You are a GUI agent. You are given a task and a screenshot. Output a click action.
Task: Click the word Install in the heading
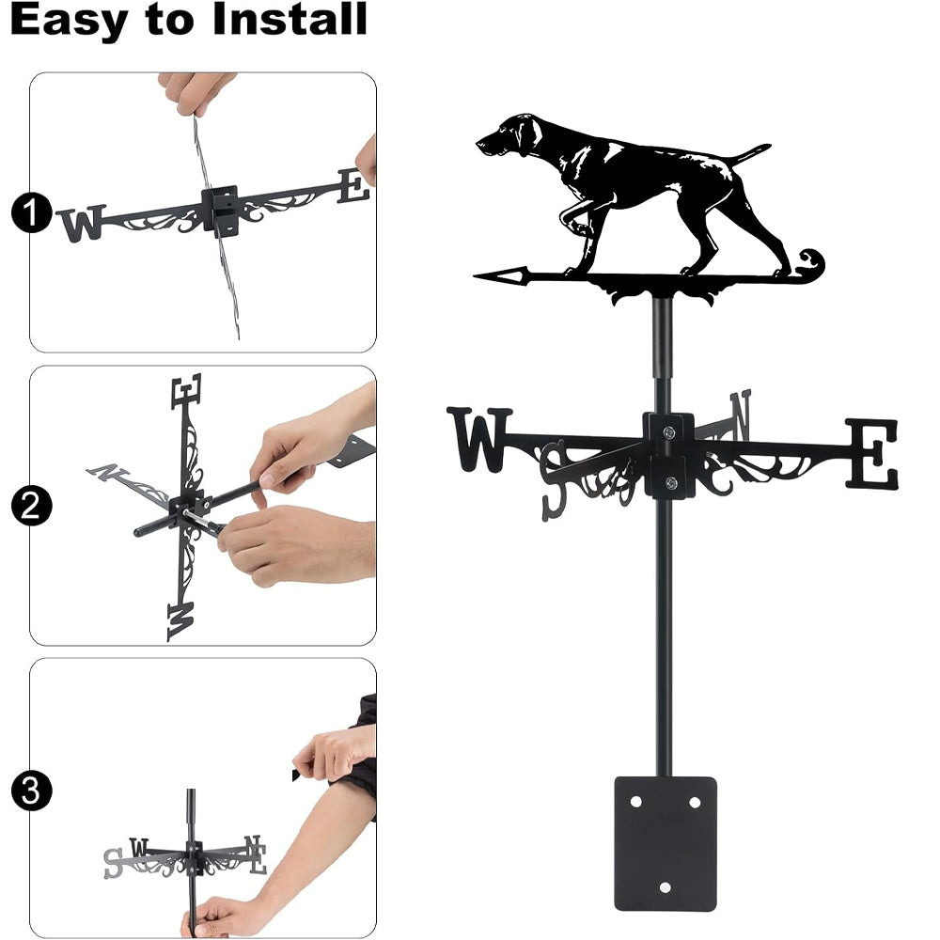[290, 19]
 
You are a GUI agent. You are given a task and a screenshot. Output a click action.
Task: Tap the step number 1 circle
[31, 212]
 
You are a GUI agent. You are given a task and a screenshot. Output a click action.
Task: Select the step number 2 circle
[31, 506]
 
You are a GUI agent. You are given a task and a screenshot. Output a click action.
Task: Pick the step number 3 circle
[31, 791]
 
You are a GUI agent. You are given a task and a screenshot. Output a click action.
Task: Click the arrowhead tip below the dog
[475, 277]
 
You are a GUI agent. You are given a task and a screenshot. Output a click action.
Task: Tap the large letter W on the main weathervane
[479, 439]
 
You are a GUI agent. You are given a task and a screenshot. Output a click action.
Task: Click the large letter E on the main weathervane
[872, 454]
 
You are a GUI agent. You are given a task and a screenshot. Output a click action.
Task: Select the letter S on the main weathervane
[554, 480]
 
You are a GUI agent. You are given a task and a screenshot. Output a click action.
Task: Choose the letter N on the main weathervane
[741, 415]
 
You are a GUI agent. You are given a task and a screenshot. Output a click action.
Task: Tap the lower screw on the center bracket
[671, 481]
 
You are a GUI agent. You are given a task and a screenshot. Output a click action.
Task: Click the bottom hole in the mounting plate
[665, 887]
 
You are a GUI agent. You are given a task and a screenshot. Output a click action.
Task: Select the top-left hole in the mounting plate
[635, 802]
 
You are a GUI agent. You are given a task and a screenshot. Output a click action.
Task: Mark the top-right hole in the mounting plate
[695, 802]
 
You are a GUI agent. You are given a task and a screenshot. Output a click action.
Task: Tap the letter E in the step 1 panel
[354, 186]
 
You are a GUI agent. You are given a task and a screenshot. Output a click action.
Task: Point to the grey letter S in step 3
[113, 863]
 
